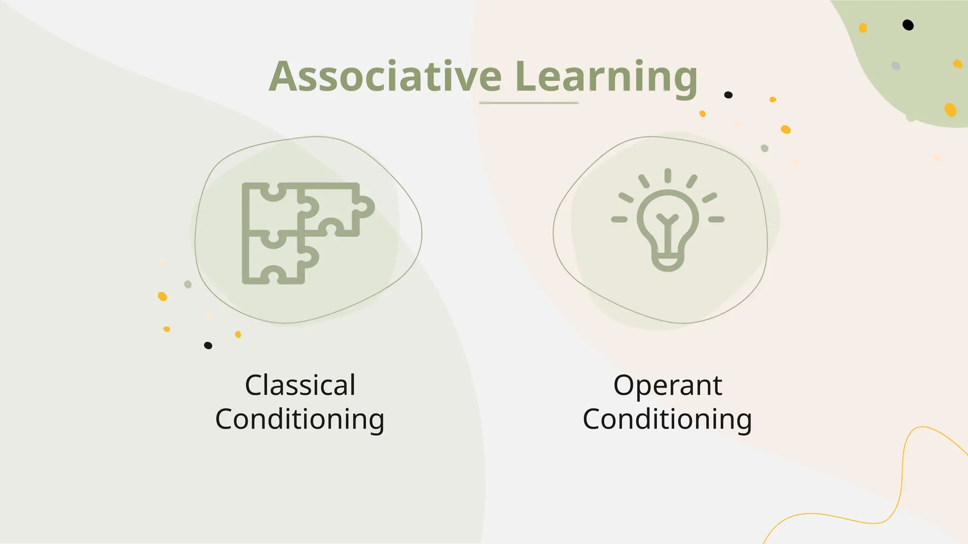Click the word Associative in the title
(x=385, y=76)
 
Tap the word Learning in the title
(x=606, y=76)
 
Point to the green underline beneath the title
(x=528, y=102)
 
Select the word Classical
(x=300, y=385)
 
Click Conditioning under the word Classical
(x=300, y=419)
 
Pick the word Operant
(x=667, y=385)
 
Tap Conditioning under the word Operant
(x=667, y=419)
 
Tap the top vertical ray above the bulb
(x=667, y=175)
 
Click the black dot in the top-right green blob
(x=908, y=25)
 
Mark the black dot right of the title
(x=728, y=95)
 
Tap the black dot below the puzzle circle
(x=208, y=345)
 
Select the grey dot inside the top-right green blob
(x=896, y=66)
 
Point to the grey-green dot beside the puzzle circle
(x=188, y=284)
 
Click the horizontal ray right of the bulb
(x=716, y=219)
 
